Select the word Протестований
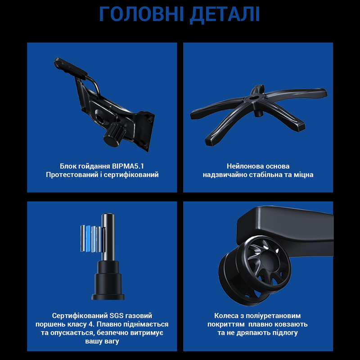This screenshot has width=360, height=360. [68, 175]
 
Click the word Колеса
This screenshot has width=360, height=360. [225, 316]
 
